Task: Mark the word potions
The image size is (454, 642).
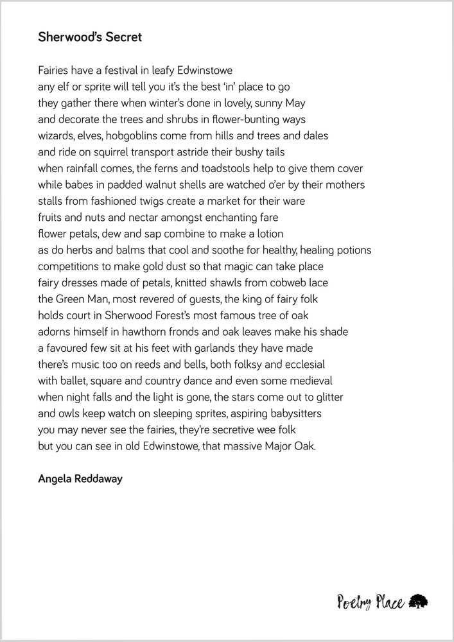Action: pos(351,250)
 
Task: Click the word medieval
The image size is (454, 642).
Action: pos(310,381)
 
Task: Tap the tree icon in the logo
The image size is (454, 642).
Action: pos(418,601)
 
